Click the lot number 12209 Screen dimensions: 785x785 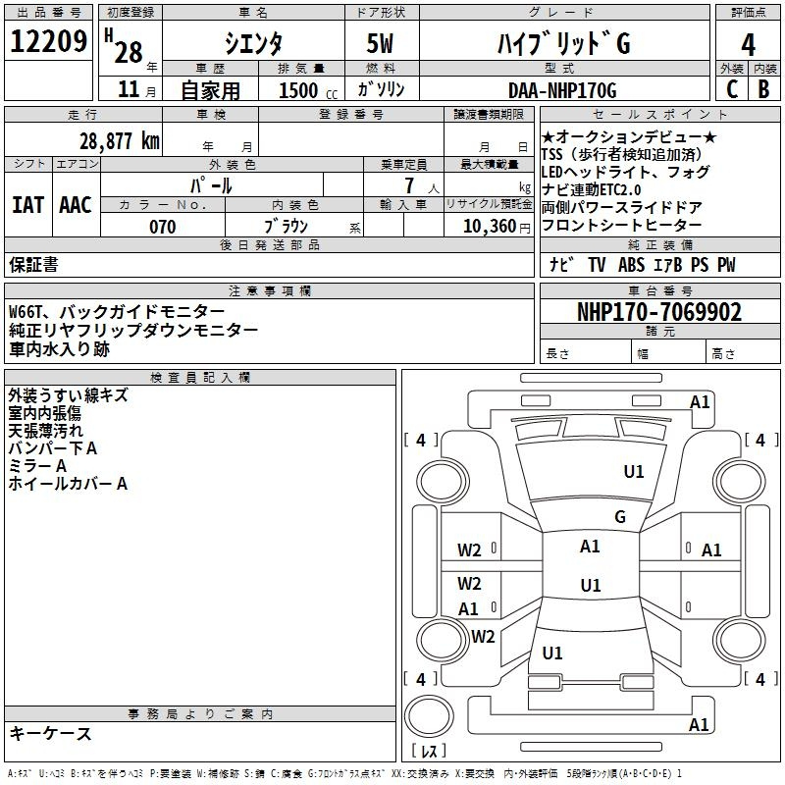tap(48, 41)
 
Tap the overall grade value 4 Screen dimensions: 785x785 tap(748, 45)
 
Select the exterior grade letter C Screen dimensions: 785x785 tap(732, 89)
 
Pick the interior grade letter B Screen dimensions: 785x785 tap(763, 89)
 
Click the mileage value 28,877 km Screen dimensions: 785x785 tap(120, 141)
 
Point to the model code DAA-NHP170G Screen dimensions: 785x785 tap(562, 90)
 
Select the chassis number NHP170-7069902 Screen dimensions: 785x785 tap(659, 312)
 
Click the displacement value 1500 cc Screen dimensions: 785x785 tap(308, 90)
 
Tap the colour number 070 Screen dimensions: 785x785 tap(163, 227)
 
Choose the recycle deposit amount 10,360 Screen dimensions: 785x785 tap(490, 227)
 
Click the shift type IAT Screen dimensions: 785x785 tap(27, 205)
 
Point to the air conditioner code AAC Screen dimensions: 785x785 tap(76, 205)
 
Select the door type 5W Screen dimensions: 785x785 tap(380, 43)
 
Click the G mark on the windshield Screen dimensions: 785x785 tap(620, 517)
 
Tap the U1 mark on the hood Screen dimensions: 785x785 tap(634, 472)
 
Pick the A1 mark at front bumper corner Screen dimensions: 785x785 tap(700, 402)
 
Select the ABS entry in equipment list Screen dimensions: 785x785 tap(631, 265)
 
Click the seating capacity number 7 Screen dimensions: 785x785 tap(409, 185)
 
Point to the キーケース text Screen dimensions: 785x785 tap(51, 734)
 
